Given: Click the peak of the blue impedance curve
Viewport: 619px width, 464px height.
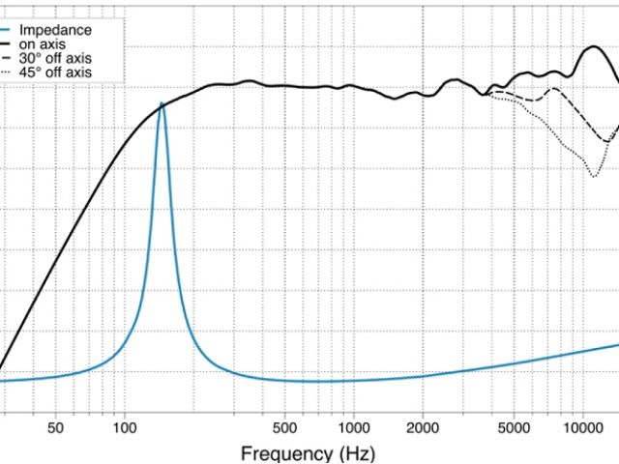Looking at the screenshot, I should tap(162, 103).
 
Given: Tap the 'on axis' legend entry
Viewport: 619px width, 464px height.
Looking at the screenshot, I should tap(44, 43).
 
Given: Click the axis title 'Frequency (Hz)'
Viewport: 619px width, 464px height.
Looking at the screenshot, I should tap(307, 452).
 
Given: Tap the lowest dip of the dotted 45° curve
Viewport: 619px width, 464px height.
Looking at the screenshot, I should tap(595, 176).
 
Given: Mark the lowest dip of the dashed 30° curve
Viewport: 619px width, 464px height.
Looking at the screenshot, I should tap(606, 142).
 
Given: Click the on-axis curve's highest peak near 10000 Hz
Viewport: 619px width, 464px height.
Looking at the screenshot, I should tap(591, 46).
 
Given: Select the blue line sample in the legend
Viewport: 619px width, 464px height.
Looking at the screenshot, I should tap(5, 30).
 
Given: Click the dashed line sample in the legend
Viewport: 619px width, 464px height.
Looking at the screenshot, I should tap(5, 57).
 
